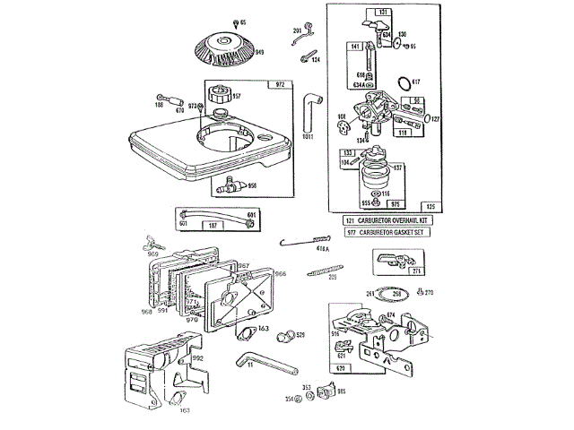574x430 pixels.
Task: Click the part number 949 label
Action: point(259,53)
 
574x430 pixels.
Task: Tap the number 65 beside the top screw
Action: point(242,20)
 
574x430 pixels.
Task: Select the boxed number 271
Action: point(415,271)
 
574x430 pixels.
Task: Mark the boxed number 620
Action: point(340,367)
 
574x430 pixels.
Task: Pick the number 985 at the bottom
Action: point(341,391)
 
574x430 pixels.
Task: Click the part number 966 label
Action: point(280,274)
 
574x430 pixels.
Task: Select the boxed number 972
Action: point(280,84)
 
